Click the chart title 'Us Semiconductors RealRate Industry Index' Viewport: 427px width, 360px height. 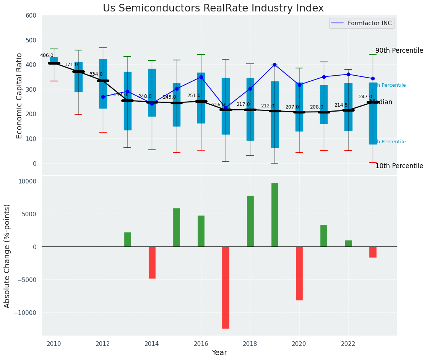(213, 8)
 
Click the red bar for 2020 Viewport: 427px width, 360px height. (299, 273)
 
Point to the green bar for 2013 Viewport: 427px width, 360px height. (128, 239)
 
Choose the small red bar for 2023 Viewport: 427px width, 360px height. (373, 252)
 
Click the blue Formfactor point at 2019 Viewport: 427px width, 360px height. (274, 65)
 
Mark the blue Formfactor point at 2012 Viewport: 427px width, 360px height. (103, 97)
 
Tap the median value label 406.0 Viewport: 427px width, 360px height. (47, 55)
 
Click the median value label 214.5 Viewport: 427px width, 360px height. (341, 105)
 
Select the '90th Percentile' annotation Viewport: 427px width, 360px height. (399, 51)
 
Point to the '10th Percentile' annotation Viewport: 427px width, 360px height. (399, 166)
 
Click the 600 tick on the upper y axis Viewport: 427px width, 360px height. (31, 15)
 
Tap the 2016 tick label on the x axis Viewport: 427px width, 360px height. (201, 344)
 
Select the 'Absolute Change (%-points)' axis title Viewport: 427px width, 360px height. (7, 256)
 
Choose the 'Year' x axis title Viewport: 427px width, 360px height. (219, 353)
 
